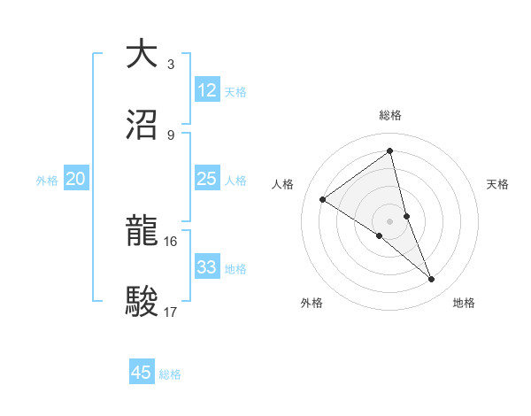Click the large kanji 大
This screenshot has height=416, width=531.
142,54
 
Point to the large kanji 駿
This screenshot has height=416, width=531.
142,302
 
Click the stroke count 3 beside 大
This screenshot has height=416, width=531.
170,65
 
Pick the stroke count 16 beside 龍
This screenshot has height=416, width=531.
170,241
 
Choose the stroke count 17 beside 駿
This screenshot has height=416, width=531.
170,312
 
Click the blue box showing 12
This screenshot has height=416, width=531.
206,90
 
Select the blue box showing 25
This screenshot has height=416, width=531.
206,179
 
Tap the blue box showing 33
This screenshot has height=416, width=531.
206,267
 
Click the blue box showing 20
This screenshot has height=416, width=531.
75,179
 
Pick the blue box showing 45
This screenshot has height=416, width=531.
142,373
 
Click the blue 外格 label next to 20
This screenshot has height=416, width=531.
47,181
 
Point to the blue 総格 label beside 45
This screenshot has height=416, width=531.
170,374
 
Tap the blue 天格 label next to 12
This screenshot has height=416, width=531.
235,92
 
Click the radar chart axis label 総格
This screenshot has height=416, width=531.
390,115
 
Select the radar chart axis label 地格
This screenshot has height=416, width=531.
464,303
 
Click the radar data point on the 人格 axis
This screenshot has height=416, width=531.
323,199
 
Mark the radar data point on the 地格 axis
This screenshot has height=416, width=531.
432,280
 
